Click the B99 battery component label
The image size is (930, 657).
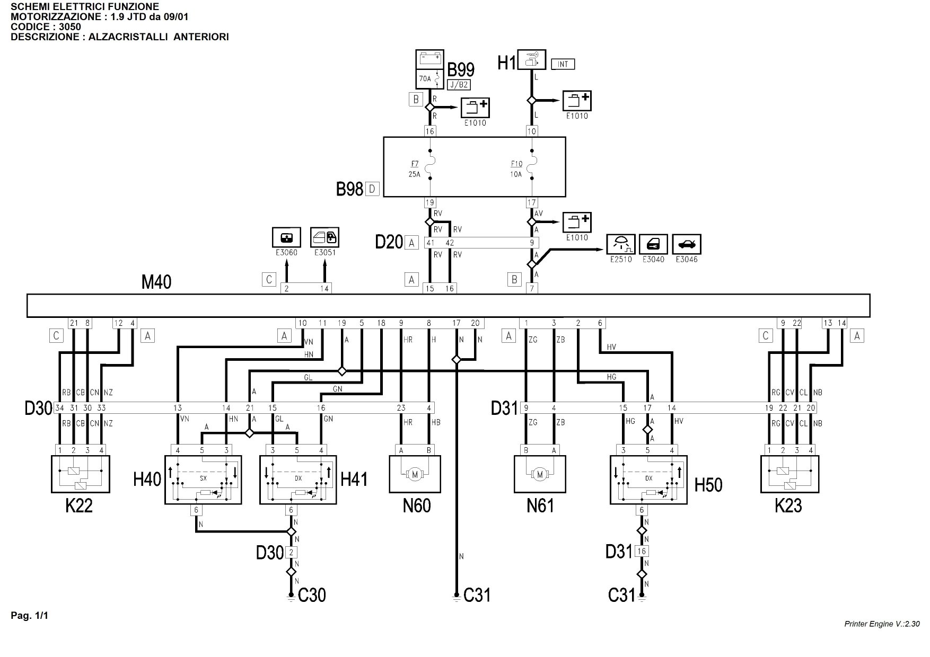(x=461, y=69)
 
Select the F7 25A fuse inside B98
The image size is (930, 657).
(x=430, y=168)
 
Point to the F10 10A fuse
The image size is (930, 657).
(x=532, y=168)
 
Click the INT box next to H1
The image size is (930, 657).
(x=563, y=64)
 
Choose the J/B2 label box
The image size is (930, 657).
(x=459, y=85)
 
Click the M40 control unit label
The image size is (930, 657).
(x=156, y=282)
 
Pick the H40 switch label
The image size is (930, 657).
(x=147, y=481)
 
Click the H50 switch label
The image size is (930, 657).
(x=708, y=485)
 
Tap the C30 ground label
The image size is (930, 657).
(x=312, y=596)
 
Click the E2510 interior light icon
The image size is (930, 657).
(x=620, y=244)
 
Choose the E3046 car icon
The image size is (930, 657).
(x=687, y=244)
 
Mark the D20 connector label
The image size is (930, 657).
(x=389, y=242)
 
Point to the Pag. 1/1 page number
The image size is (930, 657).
(x=29, y=616)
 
